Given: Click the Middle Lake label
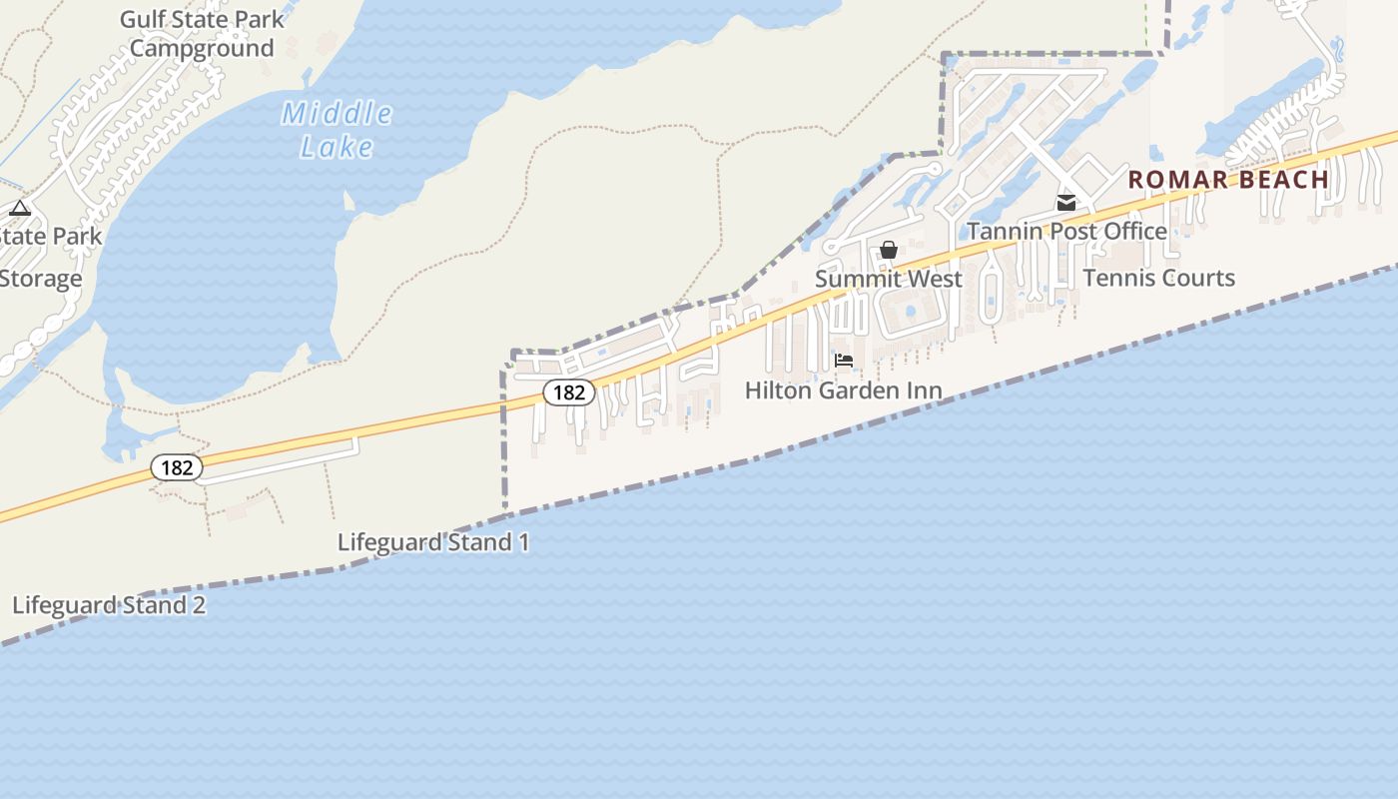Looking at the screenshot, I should [337, 130].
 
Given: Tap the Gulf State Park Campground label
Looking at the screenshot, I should [202, 34].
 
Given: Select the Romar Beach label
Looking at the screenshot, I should [1228, 180].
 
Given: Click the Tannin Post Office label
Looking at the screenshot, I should [1066, 232].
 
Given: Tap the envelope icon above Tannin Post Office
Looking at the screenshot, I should [1066, 203].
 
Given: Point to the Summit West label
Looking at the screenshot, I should [889, 279].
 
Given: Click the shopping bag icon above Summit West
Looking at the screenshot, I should [889, 250].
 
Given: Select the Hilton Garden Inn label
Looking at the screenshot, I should [843, 391].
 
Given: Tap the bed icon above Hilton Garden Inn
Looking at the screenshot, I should [844, 361].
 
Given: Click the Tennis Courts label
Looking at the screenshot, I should [1158, 278].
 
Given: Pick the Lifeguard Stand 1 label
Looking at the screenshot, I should [433, 542].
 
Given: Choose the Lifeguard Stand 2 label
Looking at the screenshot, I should [109, 605].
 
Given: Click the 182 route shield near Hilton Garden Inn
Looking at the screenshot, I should [569, 393].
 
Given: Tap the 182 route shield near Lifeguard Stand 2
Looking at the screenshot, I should [177, 467].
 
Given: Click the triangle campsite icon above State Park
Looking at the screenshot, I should [20, 209].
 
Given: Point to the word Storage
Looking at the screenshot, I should [40, 279].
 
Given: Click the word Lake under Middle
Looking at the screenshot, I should [337, 147].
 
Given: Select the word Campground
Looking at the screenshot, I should [202, 48].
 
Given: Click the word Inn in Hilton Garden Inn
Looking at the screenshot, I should [924, 391].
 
